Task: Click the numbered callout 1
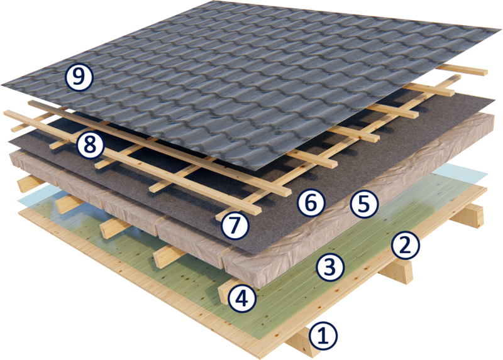[324, 336]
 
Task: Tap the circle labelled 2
[405, 246]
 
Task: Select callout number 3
[330, 268]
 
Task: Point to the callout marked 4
[242, 299]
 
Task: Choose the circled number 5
[364, 204]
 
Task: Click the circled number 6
[311, 203]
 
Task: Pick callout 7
[235, 225]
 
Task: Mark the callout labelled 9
[79, 77]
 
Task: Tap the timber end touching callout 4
[226, 290]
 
